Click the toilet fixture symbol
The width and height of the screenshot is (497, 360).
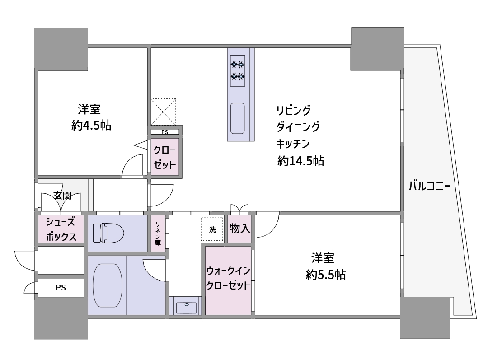pyautogui.click(x=108, y=233)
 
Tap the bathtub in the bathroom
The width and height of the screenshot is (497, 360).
pyautogui.click(x=108, y=285)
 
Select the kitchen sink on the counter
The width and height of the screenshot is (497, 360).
pyautogui.click(x=237, y=118)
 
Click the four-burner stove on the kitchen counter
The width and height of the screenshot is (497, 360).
pyautogui.click(x=238, y=70)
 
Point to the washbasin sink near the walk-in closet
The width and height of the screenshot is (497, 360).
pyautogui.click(x=186, y=308)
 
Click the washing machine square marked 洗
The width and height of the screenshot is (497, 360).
pyautogui.click(x=212, y=229)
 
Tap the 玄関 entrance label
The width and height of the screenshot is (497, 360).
pyautogui.click(x=62, y=196)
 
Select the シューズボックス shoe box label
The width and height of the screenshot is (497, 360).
pyautogui.click(x=61, y=229)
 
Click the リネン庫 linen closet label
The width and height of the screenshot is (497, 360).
pyautogui.click(x=158, y=233)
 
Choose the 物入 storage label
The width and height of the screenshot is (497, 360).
pyautogui.click(x=239, y=228)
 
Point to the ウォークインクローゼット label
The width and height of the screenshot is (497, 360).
pyautogui.click(x=228, y=278)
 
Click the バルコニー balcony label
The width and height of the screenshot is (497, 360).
pyautogui.click(x=430, y=186)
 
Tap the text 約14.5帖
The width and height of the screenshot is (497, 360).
pyautogui.click(x=300, y=161)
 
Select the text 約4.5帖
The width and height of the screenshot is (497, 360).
pyautogui.click(x=91, y=126)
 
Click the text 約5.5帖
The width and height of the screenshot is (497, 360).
pyautogui.click(x=325, y=275)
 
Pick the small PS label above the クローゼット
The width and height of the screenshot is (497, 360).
pyautogui.click(x=165, y=132)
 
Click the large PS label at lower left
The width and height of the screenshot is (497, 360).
pyautogui.click(x=61, y=287)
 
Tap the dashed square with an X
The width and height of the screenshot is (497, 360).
pyautogui.click(x=164, y=112)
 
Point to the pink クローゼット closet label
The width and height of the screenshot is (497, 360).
pyautogui.click(x=165, y=157)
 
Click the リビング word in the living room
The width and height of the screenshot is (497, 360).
pyautogui.click(x=293, y=111)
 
